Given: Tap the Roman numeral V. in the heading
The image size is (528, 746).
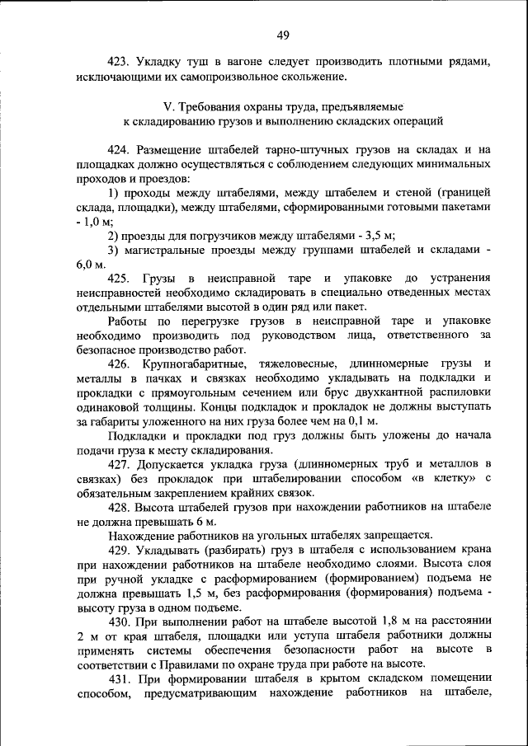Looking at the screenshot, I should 168,106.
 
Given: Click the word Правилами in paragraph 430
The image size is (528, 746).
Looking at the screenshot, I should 187,664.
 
